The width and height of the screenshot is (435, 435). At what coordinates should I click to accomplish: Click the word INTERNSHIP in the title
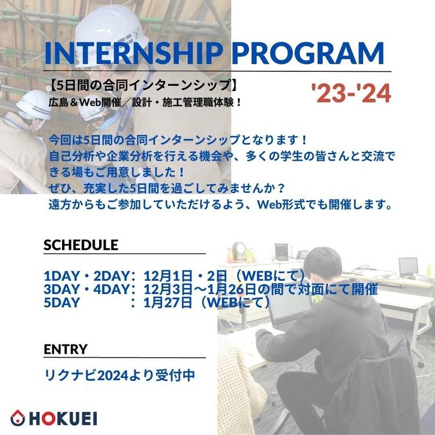click(x=134, y=53)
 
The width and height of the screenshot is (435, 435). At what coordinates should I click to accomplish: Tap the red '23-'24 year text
click(x=351, y=93)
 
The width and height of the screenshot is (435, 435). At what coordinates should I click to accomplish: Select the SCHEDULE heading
click(x=81, y=245)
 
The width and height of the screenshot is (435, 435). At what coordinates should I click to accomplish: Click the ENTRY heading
click(x=66, y=349)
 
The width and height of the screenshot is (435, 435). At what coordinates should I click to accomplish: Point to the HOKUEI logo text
click(x=63, y=419)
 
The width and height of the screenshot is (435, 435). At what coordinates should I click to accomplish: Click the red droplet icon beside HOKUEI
click(x=18, y=418)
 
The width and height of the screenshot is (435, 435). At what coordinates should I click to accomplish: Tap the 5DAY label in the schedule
click(x=62, y=302)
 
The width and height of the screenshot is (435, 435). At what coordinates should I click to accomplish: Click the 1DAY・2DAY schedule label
click(x=87, y=275)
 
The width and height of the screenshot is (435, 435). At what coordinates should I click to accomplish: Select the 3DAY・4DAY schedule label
click(x=87, y=289)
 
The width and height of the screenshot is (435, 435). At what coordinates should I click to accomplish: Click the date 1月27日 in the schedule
click(x=168, y=302)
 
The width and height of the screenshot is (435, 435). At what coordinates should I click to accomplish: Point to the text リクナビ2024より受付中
click(x=119, y=375)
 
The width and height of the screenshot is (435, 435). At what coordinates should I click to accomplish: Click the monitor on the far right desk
click(x=408, y=267)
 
